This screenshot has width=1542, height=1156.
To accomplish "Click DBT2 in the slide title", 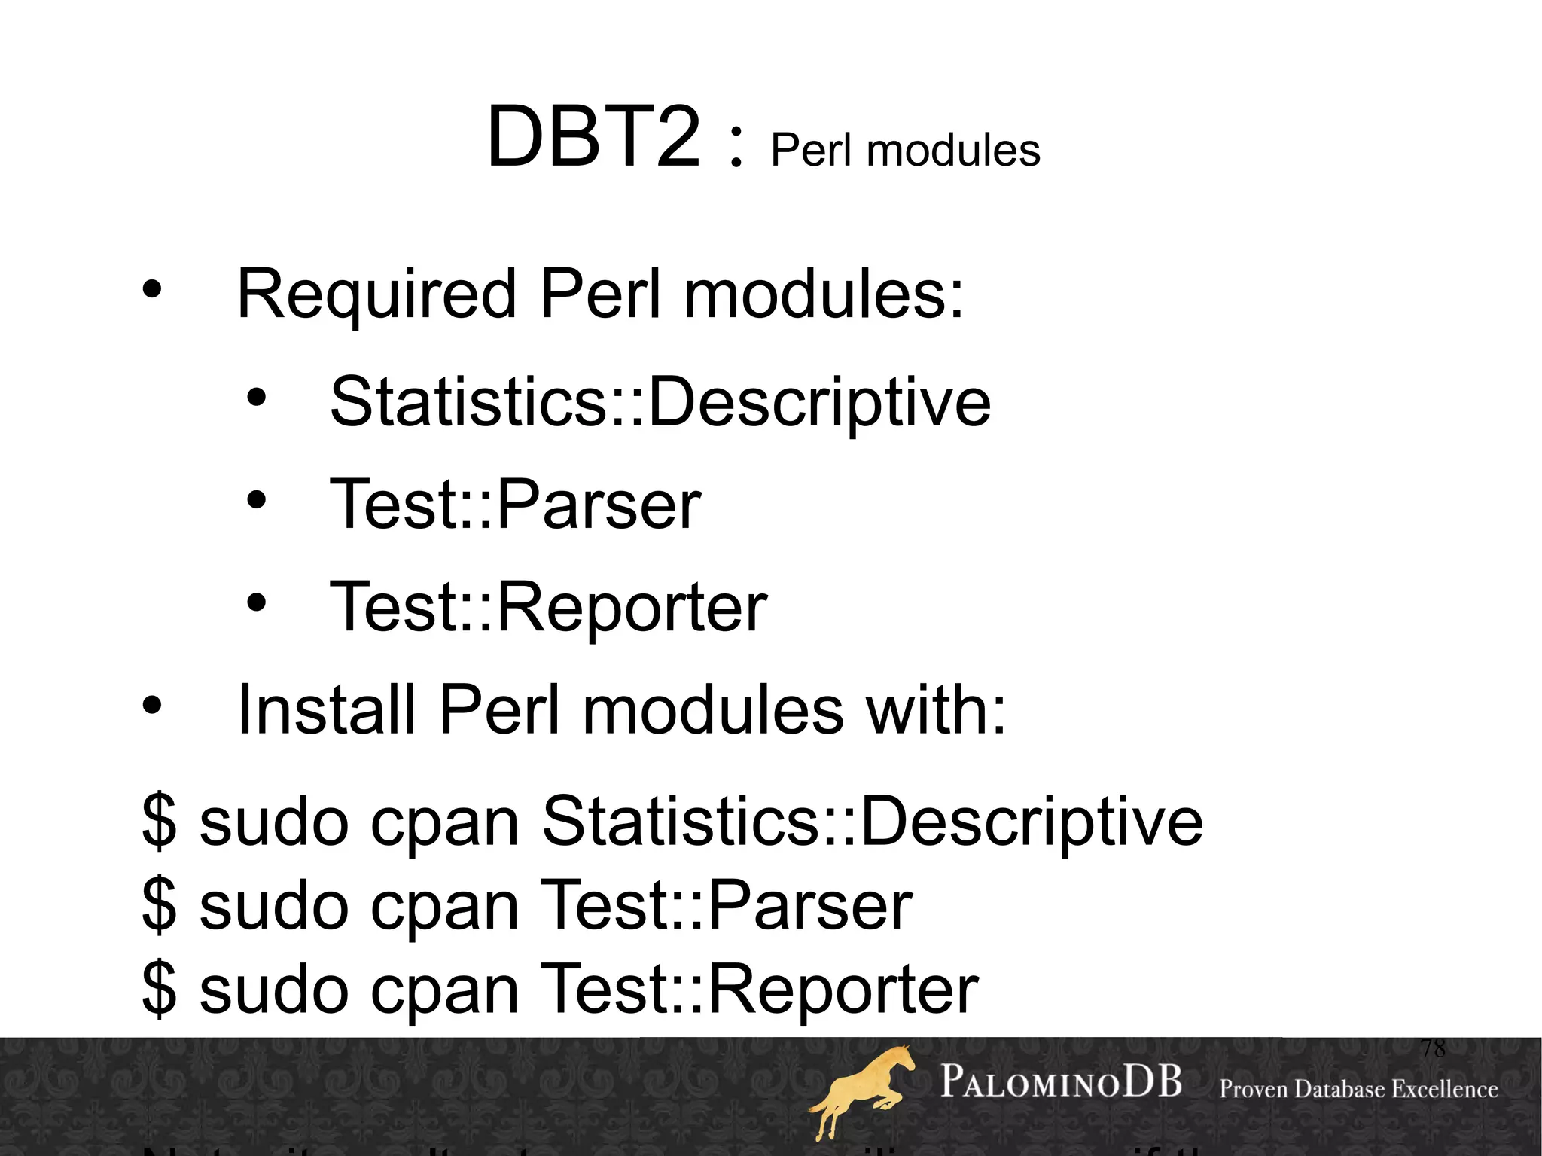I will [x=593, y=138].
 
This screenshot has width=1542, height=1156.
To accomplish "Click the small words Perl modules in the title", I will [x=905, y=150].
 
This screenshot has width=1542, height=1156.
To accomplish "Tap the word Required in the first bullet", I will [x=376, y=294].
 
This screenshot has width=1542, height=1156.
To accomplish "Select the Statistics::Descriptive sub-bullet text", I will [x=660, y=402].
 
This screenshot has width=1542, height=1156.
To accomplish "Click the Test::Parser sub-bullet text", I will [x=516, y=505].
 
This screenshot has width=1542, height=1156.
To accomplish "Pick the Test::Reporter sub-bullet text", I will [x=549, y=607].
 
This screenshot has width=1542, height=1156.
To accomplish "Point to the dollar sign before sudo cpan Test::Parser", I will [x=160, y=905].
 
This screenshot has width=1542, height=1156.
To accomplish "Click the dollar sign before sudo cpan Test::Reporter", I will [x=160, y=989].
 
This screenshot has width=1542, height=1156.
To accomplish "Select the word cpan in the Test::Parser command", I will [x=444, y=907].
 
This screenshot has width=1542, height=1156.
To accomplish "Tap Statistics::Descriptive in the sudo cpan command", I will [x=872, y=821].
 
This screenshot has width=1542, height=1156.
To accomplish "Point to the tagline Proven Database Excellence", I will [x=1358, y=1089].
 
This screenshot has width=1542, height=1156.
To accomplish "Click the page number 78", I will [x=1434, y=1048].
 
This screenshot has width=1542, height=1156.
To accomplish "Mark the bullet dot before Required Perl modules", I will [x=152, y=289].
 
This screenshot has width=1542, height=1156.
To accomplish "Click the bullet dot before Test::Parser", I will [x=257, y=499].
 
